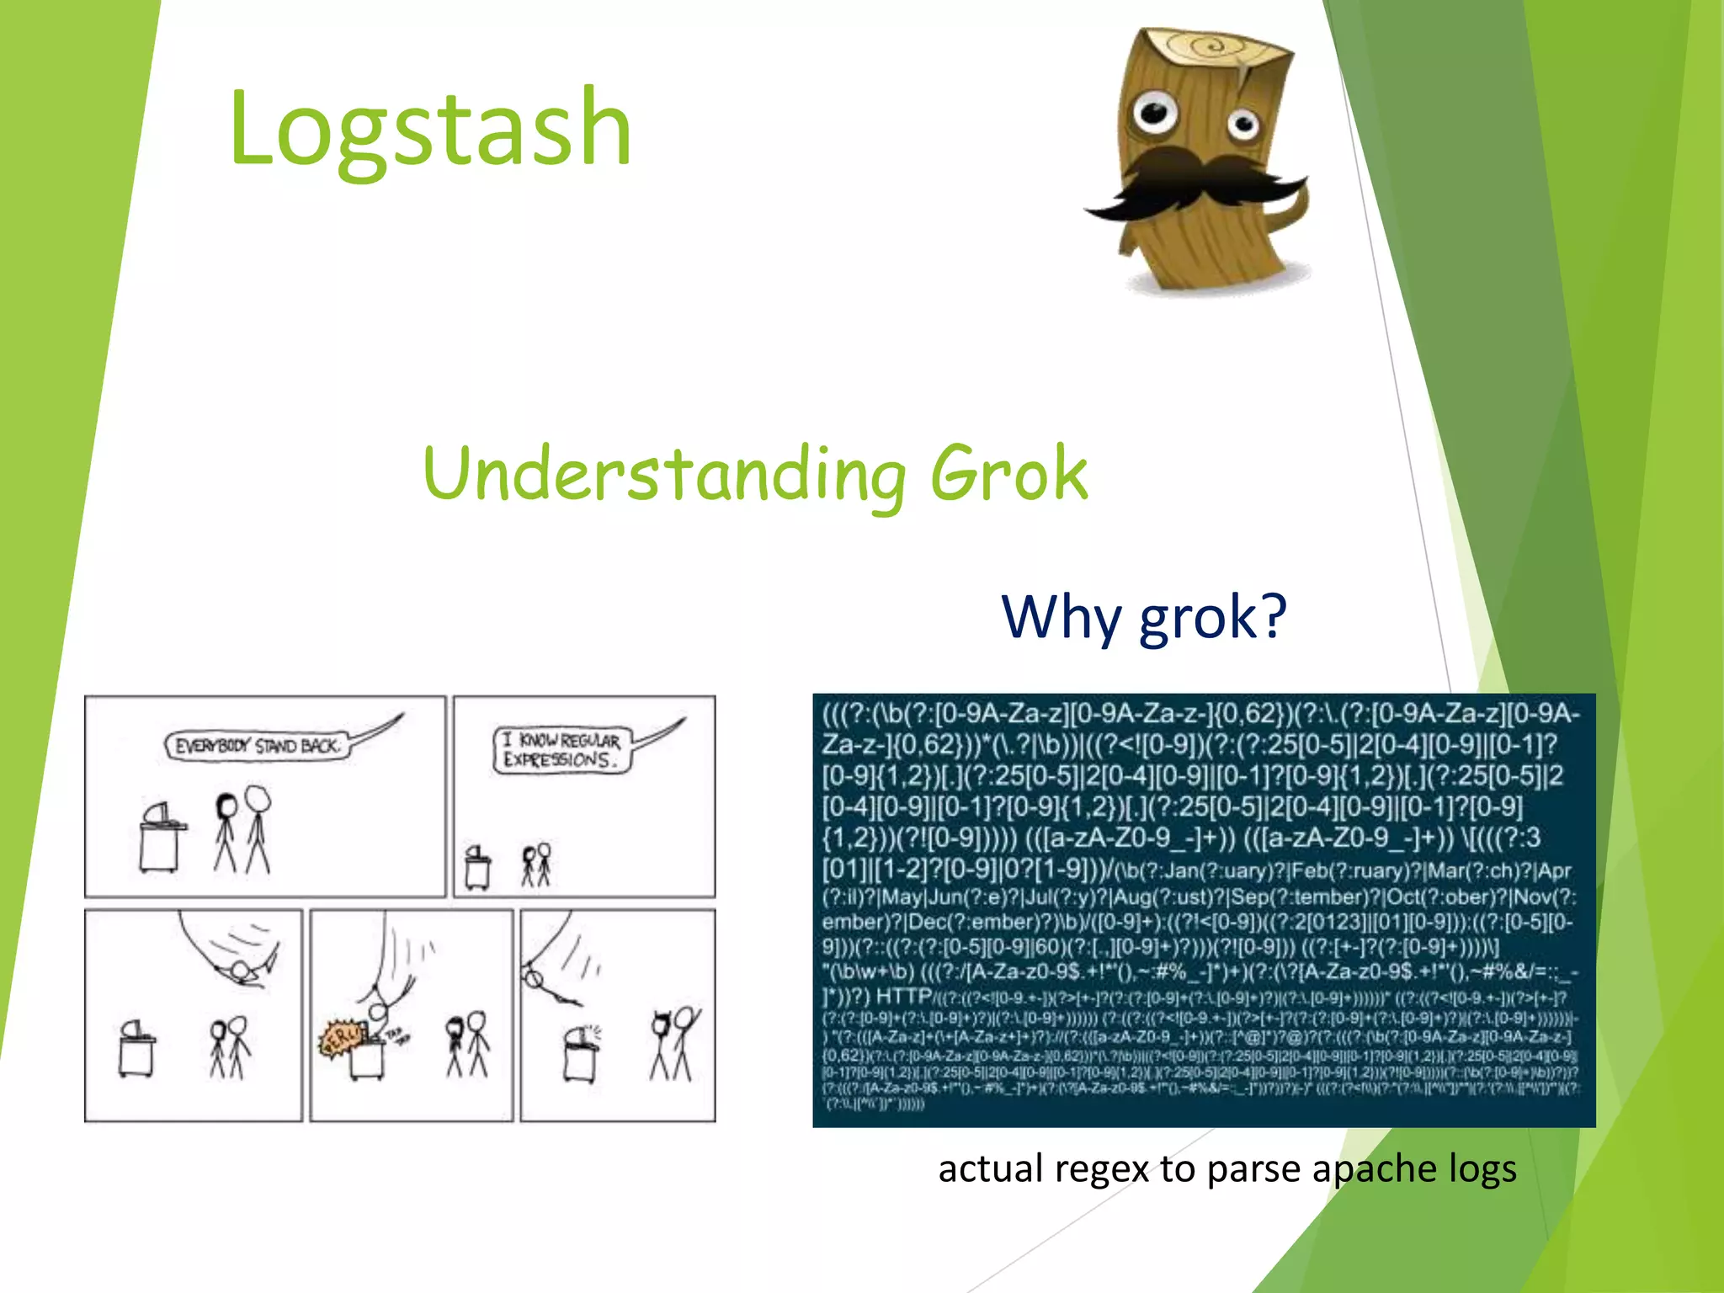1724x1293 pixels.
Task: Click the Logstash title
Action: pos(429,128)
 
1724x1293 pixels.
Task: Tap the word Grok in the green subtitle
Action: pos(1008,473)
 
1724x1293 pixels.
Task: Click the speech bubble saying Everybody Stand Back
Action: pos(257,746)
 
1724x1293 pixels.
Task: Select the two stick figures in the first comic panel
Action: pos(242,830)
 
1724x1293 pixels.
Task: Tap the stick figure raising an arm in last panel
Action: pos(684,1044)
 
